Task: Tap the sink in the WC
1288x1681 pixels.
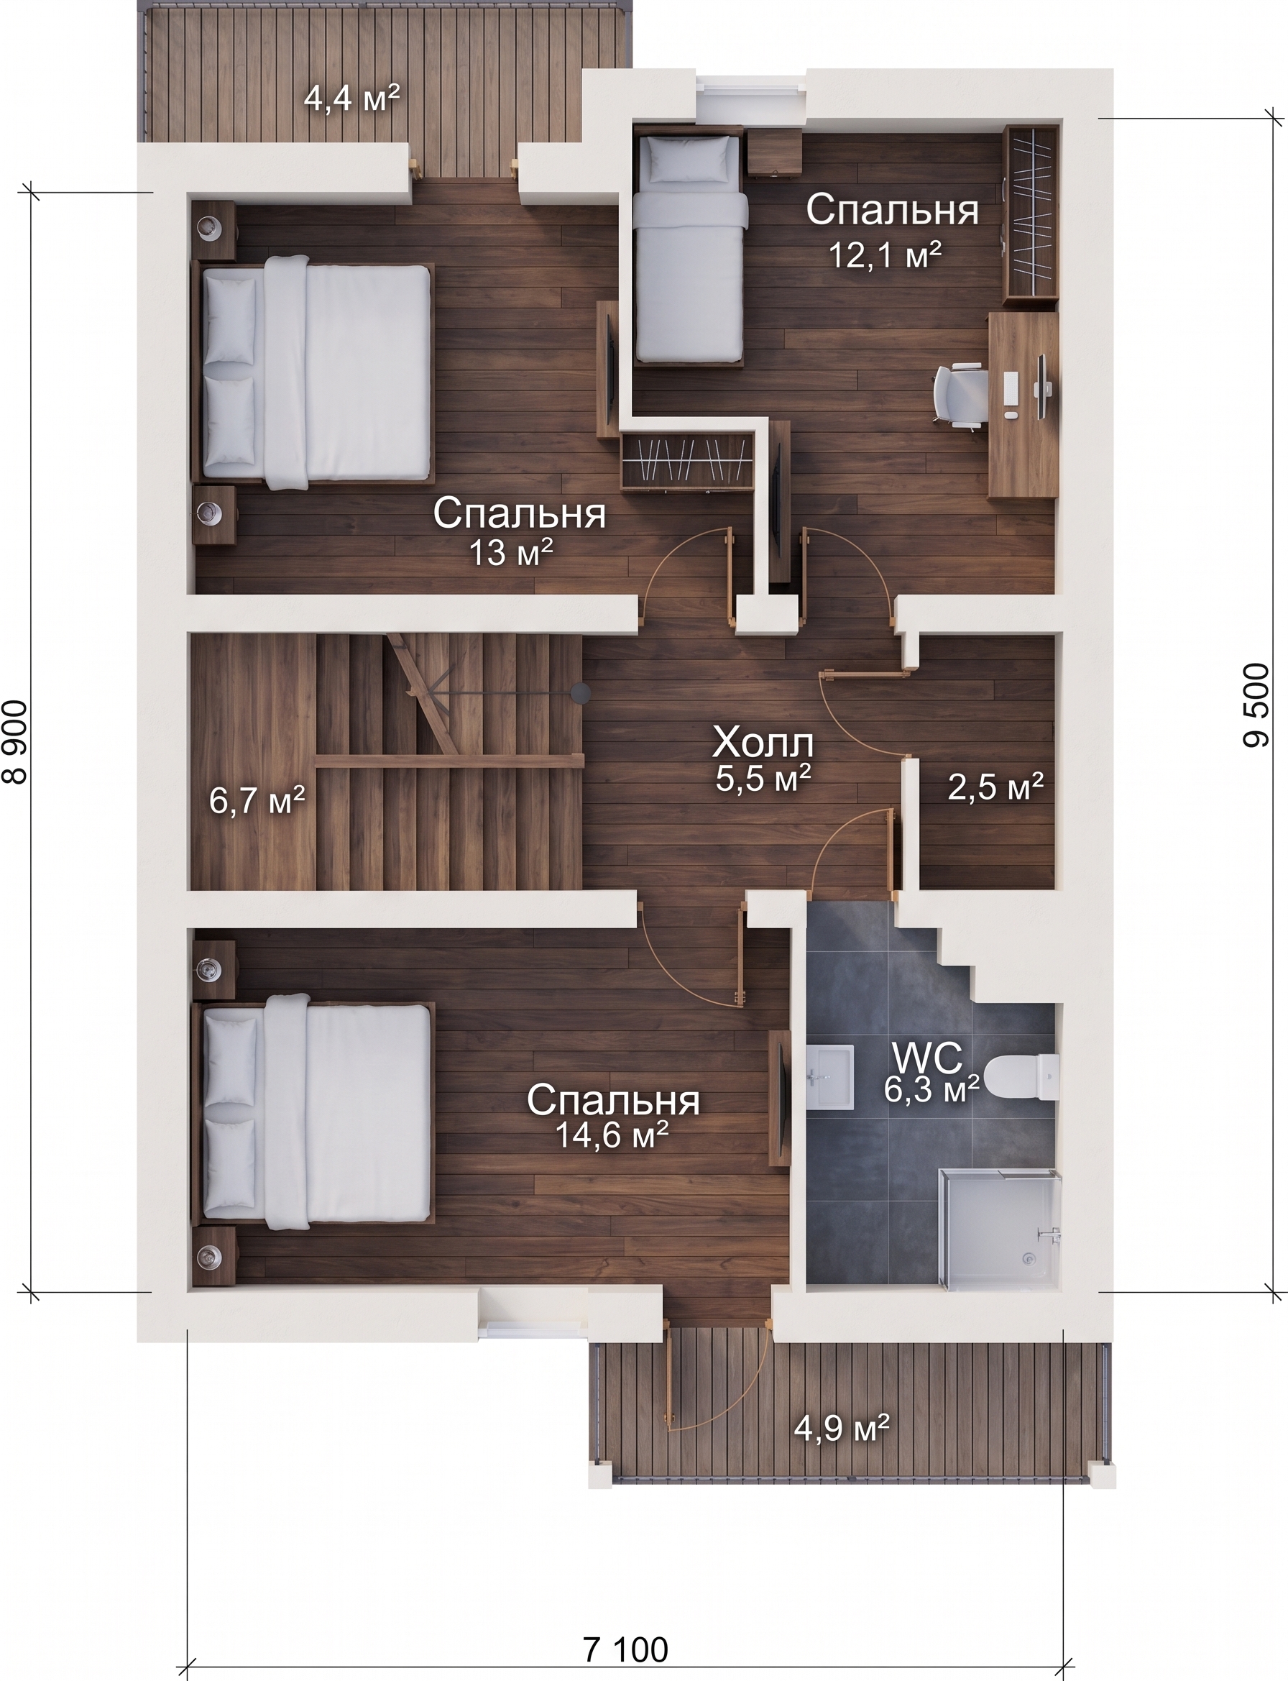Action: pos(830,1077)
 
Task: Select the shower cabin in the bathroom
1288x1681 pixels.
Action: pos(998,1227)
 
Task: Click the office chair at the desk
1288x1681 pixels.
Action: pos(959,395)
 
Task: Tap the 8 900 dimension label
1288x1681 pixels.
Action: pos(15,742)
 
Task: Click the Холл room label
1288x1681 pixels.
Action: pos(763,743)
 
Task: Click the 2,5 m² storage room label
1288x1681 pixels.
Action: pos(996,787)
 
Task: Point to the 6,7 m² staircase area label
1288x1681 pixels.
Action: pos(257,801)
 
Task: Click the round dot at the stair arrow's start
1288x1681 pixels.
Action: pos(580,692)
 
